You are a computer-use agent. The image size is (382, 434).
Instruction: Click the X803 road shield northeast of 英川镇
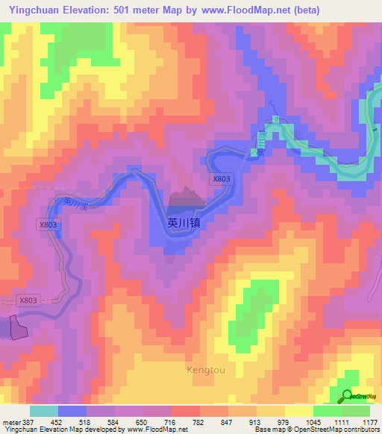click(x=221, y=179)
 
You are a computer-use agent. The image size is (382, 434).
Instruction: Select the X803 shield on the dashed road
click(x=28, y=300)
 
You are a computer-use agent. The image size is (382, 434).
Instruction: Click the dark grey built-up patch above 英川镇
click(x=187, y=198)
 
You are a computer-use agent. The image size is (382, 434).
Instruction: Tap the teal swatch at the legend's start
click(x=44, y=411)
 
